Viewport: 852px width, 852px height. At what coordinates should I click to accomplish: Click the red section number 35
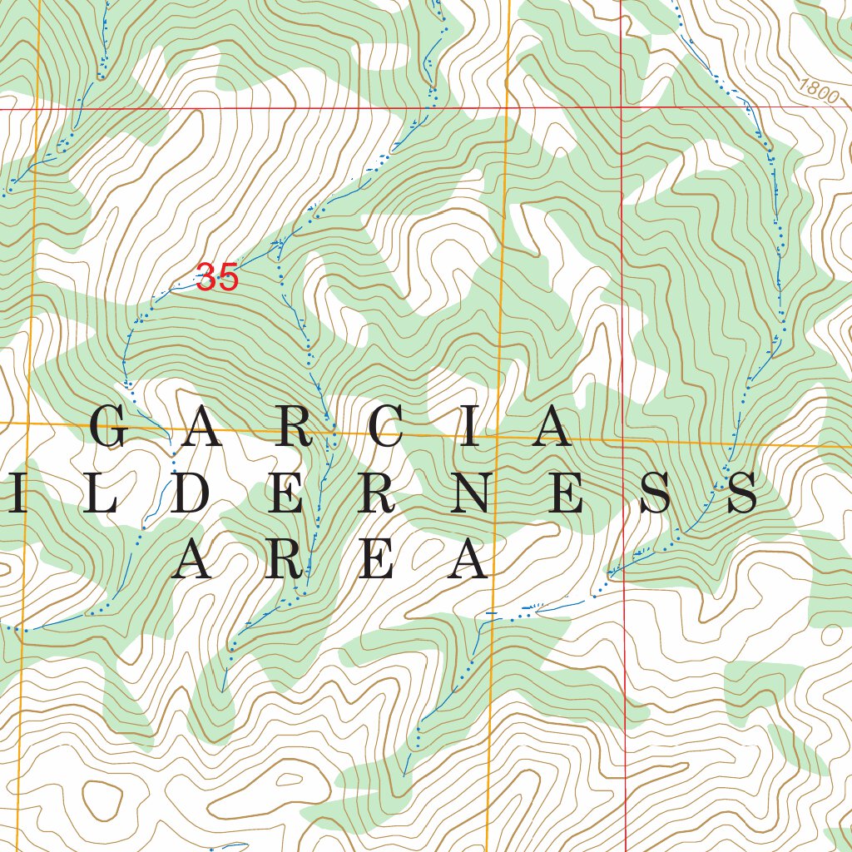(217, 278)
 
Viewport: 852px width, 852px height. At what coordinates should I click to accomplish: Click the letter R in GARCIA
(294, 428)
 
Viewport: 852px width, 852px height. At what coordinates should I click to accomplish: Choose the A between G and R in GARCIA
(201, 428)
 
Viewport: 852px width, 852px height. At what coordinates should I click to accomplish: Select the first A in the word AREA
(193, 558)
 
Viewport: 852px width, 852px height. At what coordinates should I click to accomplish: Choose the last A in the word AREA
(468, 558)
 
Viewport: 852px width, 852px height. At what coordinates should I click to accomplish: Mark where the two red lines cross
(622, 107)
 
